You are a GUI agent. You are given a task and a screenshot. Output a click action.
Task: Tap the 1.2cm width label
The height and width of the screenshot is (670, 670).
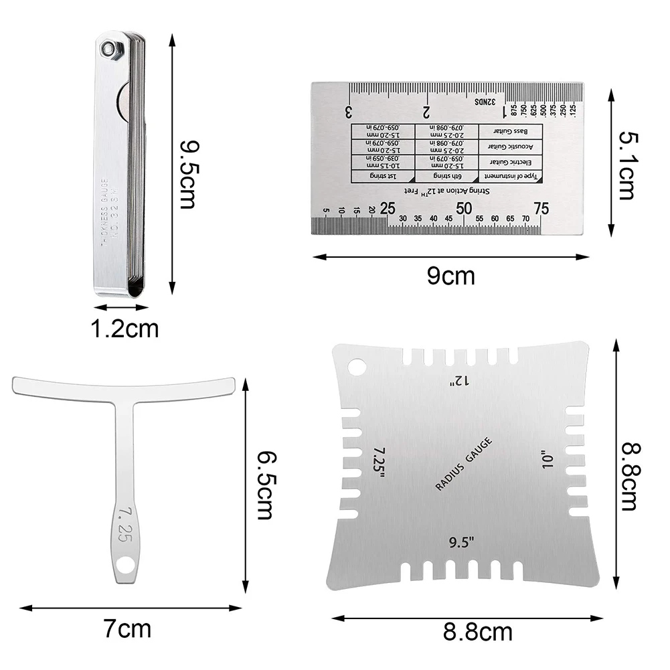[x=126, y=329]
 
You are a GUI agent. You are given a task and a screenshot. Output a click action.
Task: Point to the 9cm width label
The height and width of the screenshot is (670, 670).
[x=451, y=275]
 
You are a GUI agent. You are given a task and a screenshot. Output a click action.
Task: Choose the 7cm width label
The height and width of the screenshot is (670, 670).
[x=127, y=629]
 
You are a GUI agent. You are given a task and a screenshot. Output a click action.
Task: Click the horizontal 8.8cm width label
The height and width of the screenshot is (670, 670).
[x=478, y=631]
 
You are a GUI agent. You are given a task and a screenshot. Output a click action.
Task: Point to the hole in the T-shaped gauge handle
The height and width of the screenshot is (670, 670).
[x=124, y=565]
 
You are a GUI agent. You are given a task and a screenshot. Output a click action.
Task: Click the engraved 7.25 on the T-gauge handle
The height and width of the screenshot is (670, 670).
[x=124, y=523]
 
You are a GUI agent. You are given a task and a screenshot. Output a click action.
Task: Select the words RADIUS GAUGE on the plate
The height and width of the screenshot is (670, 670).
[x=463, y=463]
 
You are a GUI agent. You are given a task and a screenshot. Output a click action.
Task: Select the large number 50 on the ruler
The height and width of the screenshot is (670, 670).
[x=465, y=209]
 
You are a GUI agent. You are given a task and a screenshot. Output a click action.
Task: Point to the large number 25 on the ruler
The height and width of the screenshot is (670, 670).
[x=388, y=209]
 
